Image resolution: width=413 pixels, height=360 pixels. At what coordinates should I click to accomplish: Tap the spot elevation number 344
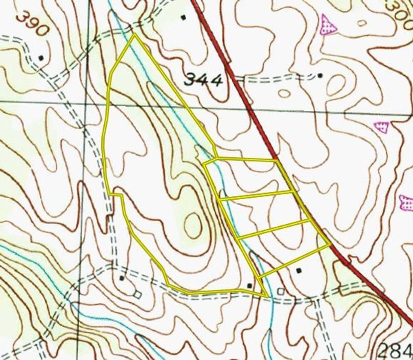[x=203, y=80]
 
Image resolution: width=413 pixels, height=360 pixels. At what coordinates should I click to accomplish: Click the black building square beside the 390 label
[x=41, y=58]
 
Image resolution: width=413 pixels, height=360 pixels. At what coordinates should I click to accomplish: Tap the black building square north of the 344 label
[x=183, y=17]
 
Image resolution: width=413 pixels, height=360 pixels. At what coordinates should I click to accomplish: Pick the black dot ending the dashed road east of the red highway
[x=320, y=76]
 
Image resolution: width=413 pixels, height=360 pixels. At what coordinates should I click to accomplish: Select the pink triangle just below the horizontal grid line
[x=381, y=127]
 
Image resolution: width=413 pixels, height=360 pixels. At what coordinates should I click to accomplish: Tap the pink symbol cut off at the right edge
[x=407, y=203]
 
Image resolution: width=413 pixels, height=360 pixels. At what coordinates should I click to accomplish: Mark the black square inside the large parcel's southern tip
[x=249, y=285]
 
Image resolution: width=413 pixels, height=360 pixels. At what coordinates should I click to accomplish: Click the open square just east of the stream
[x=280, y=291]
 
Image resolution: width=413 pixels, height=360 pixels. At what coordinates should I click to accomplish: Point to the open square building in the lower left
[x=136, y=295]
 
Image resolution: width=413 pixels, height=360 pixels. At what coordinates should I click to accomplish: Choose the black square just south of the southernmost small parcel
[x=299, y=270]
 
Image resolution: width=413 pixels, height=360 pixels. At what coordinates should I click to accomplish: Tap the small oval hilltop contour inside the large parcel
[x=193, y=225]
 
